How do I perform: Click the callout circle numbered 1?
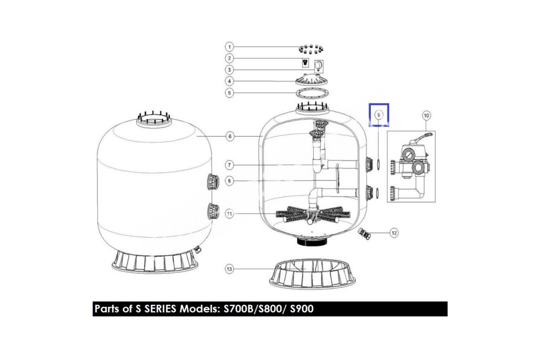(229, 47)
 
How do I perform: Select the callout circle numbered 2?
(229, 58)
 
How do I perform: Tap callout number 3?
(229, 70)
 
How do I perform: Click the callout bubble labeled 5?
(229, 93)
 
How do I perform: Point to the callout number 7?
(229, 165)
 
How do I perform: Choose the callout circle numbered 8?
(229, 181)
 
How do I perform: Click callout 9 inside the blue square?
(378, 115)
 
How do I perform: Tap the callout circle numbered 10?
(427, 116)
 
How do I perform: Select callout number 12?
(394, 233)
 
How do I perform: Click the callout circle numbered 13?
(229, 269)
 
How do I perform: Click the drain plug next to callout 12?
(364, 234)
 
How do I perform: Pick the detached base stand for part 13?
(312, 274)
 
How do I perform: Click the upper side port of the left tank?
(213, 181)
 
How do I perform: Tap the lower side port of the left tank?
(213, 211)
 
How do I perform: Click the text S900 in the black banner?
(301, 309)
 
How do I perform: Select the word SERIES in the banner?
(160, 309)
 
